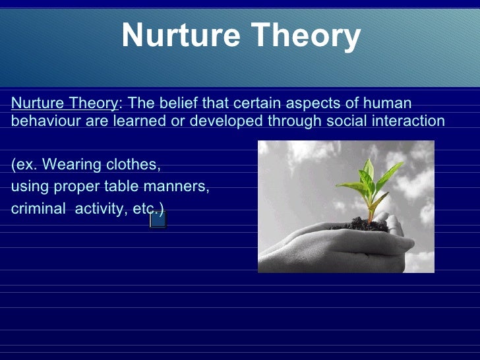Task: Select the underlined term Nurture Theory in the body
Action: click(x=64, y=104)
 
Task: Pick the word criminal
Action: click(x=38, y=210)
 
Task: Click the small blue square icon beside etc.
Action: click(x=158, y=220)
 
